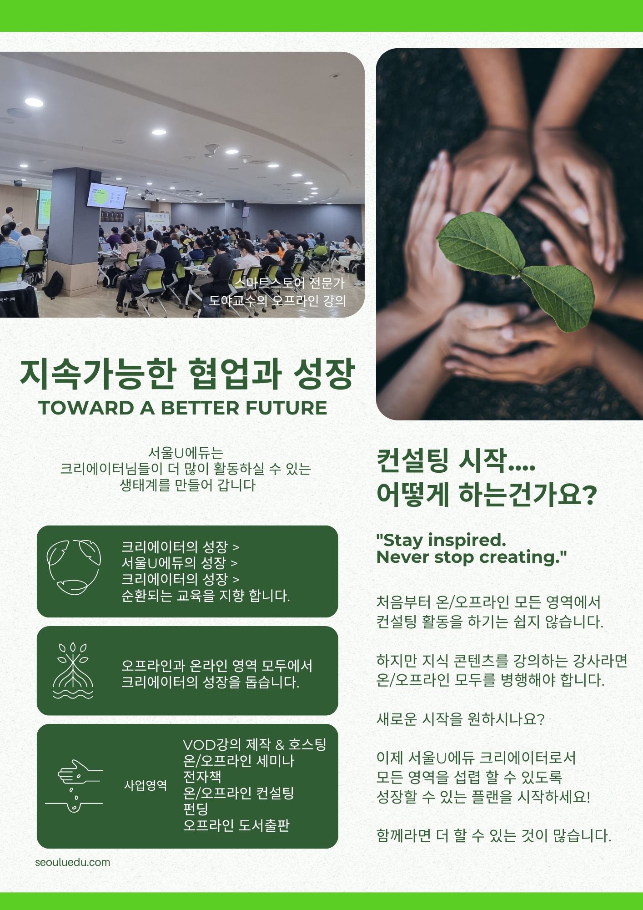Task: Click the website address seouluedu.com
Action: pyautogui.click(x=73, y=862)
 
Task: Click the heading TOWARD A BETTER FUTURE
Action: pyautogui.click(x=183, y=408)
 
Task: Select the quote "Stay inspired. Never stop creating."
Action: pyautogui.click(x=472, y=548)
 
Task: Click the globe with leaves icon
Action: pyautogui.click(x=74, y=567)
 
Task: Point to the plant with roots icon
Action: pyautogui.click(x=73, y=670)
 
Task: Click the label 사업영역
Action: pyautogui.click(x=146, y=785)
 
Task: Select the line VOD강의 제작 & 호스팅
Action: pyautogui.click(x=255, y=744)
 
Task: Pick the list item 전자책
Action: pyautogui.click(x=202, y=776)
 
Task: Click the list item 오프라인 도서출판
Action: pyautogui.click(x=236, y=825)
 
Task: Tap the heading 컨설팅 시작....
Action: pyautogui.click(x=456, y=461)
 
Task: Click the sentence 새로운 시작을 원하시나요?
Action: pyautogui.click(x=460, y=719)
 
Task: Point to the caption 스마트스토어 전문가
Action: pyautogui.click(x=289, y=283)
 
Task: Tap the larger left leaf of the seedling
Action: pyautogui.click(x=480, y=243)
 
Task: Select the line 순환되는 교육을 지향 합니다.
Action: pyautogui.click(x=206, y=596)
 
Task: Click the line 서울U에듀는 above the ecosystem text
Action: pyautogui.click(x=186, y=453)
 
